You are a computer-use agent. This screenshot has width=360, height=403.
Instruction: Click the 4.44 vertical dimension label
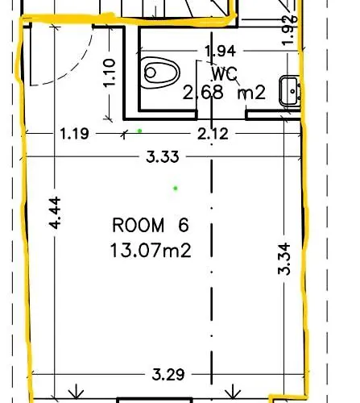coord(56,213)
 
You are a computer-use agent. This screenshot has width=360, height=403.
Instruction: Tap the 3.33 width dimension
coord(163,157)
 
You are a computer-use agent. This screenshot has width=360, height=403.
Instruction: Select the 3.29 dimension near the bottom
coord(168,375)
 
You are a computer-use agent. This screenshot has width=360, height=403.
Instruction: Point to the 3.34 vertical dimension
coord(284,259)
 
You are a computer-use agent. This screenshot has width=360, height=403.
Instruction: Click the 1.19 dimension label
coord(74,134)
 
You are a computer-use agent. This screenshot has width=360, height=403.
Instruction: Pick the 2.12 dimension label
coord(213,134)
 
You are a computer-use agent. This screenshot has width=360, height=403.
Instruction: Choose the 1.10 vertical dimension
coord(110,73)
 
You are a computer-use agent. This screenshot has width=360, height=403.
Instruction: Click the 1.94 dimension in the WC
coord(221,51)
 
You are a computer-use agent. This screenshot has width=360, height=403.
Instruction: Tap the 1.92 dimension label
coord(290,30)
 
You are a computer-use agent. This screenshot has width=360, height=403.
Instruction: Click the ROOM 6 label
coord(151,225)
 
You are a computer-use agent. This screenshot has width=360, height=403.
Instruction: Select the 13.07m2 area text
coord(151,251)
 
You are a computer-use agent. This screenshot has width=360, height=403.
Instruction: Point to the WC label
coord(225,73)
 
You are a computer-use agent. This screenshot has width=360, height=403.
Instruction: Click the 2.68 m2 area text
coord(224,93)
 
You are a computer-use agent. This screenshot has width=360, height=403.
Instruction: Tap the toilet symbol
coord(162,73)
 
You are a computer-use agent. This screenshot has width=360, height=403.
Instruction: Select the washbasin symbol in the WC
coord(290,91)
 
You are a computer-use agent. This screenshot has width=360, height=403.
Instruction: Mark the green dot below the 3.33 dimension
coord(176,189)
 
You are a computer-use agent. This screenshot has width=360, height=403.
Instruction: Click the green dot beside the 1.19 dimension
coord(139,131)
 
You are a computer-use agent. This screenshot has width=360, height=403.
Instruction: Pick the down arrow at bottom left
coord(77,392)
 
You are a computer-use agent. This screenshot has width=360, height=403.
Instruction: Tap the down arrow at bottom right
coord(233,392)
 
